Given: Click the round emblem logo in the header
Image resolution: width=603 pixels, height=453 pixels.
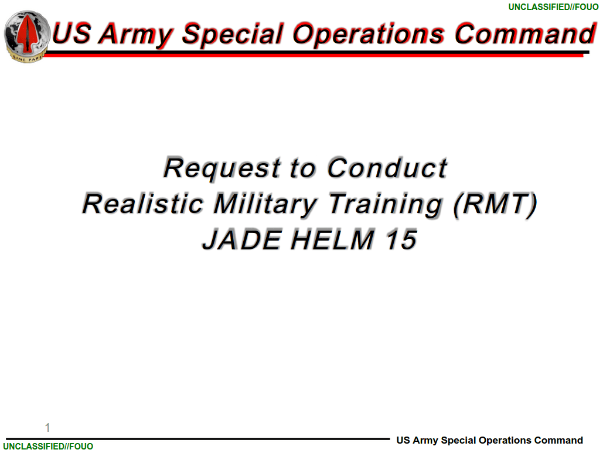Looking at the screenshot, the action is [27, 36].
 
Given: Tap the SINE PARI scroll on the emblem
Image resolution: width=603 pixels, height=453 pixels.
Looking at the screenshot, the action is [27, 58].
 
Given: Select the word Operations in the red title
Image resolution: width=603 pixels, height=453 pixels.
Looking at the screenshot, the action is [369, 34].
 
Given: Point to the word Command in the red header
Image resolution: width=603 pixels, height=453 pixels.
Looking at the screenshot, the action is [526, 34].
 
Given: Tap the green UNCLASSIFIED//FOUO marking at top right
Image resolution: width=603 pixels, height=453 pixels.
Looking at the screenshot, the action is [553, 7].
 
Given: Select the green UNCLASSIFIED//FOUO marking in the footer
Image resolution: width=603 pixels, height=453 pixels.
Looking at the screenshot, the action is [48, 446].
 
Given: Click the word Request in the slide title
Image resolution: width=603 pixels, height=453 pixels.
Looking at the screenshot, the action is [223, 168].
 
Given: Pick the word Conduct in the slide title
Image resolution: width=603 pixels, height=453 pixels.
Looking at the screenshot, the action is [387, 168].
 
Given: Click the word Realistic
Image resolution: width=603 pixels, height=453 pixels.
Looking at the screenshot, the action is [142, 204].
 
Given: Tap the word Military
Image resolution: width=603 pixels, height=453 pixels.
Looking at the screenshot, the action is [265, 205].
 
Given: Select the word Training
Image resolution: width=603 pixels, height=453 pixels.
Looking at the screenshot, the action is [386, 205].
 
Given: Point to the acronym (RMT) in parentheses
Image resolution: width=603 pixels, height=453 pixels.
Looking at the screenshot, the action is [495, 205].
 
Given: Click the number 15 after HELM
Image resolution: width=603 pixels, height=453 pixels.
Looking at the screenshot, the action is [401, 239].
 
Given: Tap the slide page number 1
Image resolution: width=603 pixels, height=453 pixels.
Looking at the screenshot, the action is [47, 428].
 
